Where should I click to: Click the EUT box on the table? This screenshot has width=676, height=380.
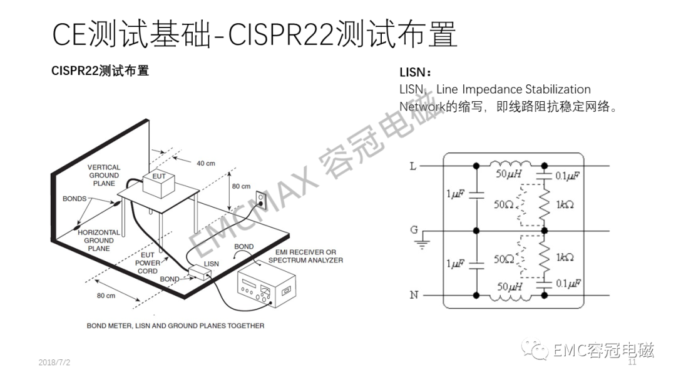point(158,184)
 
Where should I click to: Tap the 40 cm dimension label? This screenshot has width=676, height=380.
point(206,164)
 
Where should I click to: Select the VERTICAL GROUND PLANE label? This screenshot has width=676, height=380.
point(104,175)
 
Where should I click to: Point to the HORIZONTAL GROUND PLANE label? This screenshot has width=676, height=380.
point(99,241)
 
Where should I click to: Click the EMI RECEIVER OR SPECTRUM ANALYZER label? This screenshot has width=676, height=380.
point(305,256)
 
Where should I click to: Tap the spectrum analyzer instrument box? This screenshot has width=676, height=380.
point(267,286)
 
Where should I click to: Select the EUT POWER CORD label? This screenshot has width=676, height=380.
point(148,263)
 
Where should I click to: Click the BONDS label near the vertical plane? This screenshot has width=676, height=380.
point(74,199)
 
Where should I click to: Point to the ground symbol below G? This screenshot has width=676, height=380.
point(422,244)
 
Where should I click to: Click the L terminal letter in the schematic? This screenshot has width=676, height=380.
point(413,166)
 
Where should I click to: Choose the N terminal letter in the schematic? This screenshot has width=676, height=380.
point(414,295)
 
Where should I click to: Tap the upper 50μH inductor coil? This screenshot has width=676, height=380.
point(511,164)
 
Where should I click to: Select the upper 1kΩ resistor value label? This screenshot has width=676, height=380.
point(565,205)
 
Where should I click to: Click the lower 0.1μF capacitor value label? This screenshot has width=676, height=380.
point(568,284)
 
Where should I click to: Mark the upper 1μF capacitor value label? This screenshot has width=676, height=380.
point(455,194)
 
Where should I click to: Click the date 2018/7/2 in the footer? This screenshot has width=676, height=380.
point(54,362)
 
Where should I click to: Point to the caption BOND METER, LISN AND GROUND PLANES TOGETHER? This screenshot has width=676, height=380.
point(175,326)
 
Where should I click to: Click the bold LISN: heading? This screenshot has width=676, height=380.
point(415,72)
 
